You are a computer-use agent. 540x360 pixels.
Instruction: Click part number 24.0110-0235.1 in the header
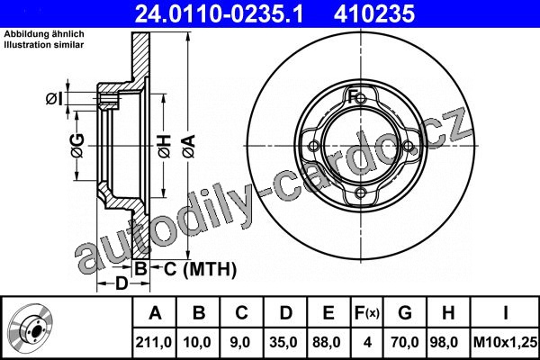coord(219,14)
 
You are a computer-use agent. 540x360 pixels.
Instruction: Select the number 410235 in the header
coord(373,14)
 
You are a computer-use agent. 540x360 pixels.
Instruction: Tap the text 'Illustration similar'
coord(44,44)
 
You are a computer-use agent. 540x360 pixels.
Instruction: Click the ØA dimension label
coord(189,147)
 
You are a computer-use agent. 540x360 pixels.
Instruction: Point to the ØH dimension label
coord(165,147)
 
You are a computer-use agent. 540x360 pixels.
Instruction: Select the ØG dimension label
coord(77,146)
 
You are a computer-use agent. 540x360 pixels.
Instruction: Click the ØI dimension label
coord(54,99)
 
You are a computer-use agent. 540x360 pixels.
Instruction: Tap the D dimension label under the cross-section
coord(121,283)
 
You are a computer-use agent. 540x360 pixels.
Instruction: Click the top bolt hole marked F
coord(361,99)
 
